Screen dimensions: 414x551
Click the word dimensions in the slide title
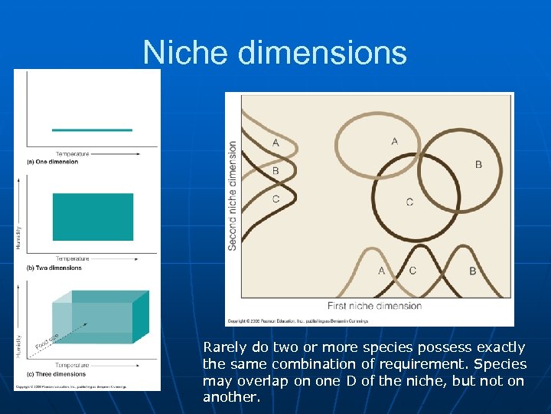[x=322, y=53]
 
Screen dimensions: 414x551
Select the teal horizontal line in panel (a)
[x=92, y=130]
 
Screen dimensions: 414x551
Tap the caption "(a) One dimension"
[x=53, y=162]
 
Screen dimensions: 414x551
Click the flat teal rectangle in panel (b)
[x=93, y=217]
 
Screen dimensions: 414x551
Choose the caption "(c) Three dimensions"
[x=57, y=373]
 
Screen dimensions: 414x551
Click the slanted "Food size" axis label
[x=47, y=343]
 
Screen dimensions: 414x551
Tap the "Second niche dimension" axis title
[x=233, y=195]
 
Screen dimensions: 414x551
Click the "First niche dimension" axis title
[x=374, y=305]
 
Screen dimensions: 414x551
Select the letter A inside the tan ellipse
[x=395, y=140]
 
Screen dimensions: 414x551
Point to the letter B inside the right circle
[x=478, y=164]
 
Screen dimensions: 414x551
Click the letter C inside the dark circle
[x=409, y=202]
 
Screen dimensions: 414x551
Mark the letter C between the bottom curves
[x=412, y=271]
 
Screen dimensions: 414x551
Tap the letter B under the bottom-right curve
[x=472, y=271]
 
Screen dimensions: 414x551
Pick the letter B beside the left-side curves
[x=275, y=171]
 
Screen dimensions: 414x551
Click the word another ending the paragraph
[x=230, y=397]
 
